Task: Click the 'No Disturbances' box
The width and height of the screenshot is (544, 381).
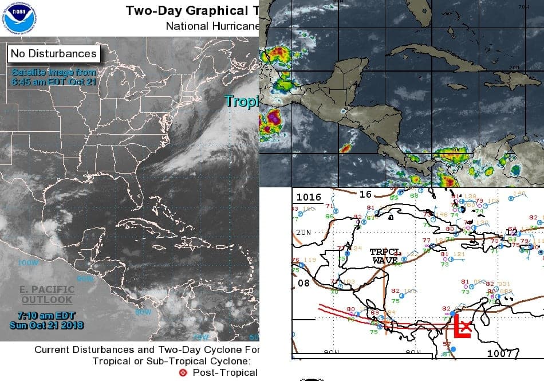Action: pyautogui.click(x=53, y=54)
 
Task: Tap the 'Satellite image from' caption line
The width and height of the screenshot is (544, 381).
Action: pyautogui.click(x=53, y=72)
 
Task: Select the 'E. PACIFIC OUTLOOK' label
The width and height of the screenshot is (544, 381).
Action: pyautogui.click(x=47, y=294)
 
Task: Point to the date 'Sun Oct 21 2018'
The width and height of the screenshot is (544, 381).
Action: pyautogui.click(x=46, y=325)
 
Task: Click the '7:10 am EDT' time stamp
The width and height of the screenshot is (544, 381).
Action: pyautogui.click(x=46, y=316)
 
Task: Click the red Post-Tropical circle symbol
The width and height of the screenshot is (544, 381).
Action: pyautogui.click(x=183, y=372)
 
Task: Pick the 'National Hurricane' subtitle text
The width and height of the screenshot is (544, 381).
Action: pyautogui.click(x=212, y=26)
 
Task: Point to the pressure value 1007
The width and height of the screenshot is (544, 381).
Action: pyautogui.click(x=499, y=353)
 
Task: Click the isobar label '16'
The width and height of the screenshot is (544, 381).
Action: pyautogui.click(x=365, y=194)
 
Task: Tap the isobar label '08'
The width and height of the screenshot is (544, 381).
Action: pyautogui.click(x=303, y=282)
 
